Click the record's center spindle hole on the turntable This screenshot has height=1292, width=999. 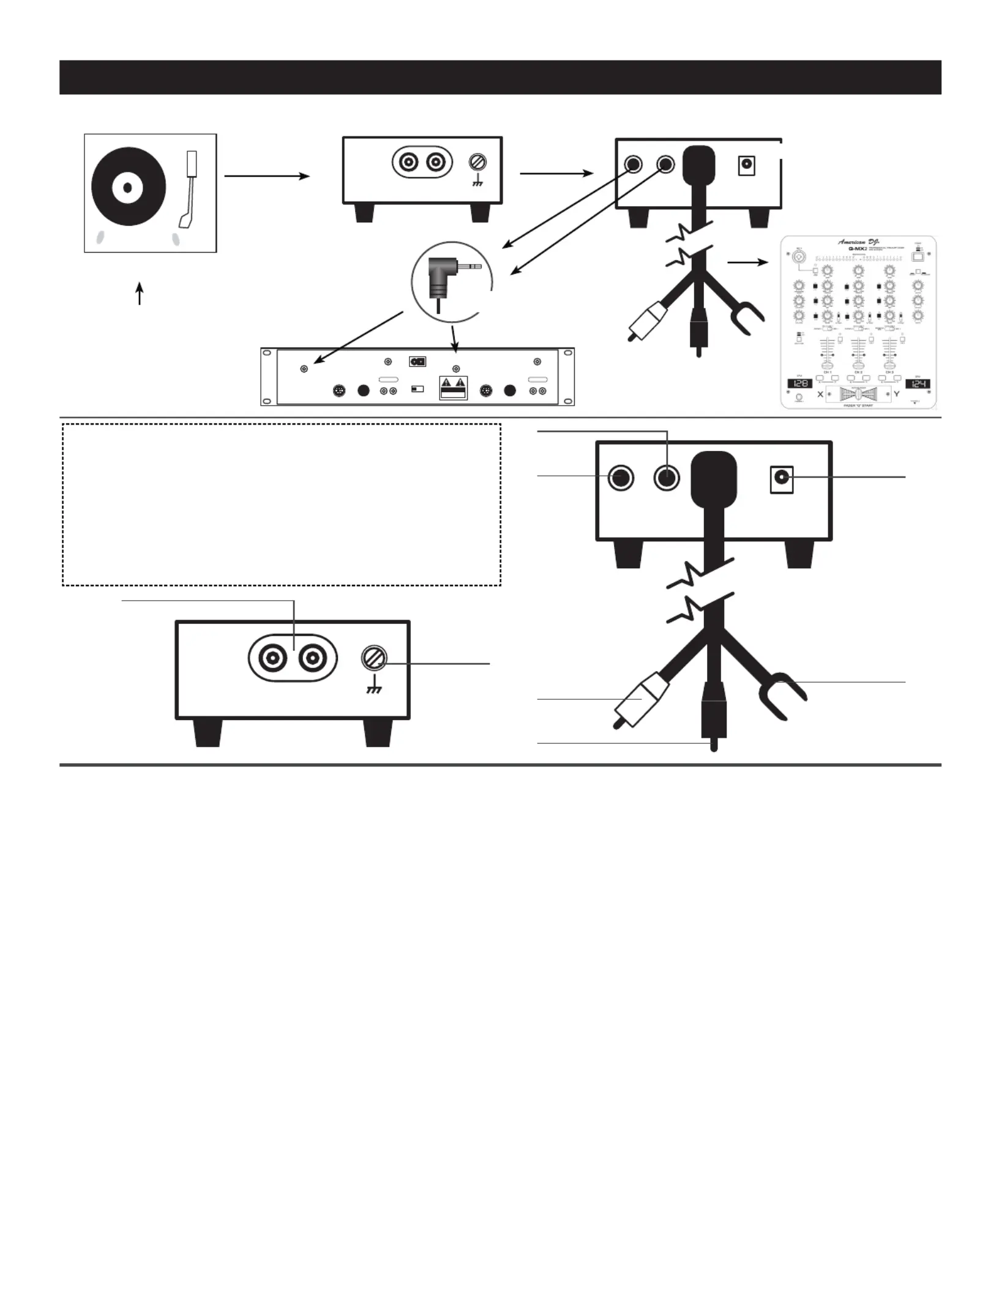[127, 187]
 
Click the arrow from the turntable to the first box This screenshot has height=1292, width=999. [267, 176]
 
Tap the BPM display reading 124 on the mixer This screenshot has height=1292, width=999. [918, 384]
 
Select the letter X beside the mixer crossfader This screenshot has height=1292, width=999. [820, 395]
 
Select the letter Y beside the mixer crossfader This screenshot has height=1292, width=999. [897, 395]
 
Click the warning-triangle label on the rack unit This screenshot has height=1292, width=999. [454, 387]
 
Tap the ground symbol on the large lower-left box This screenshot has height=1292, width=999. [373, 689]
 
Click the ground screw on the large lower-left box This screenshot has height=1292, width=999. [374, 659]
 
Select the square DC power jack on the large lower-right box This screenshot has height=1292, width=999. [781, 480]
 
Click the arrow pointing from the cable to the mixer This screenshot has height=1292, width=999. [747, 262]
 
